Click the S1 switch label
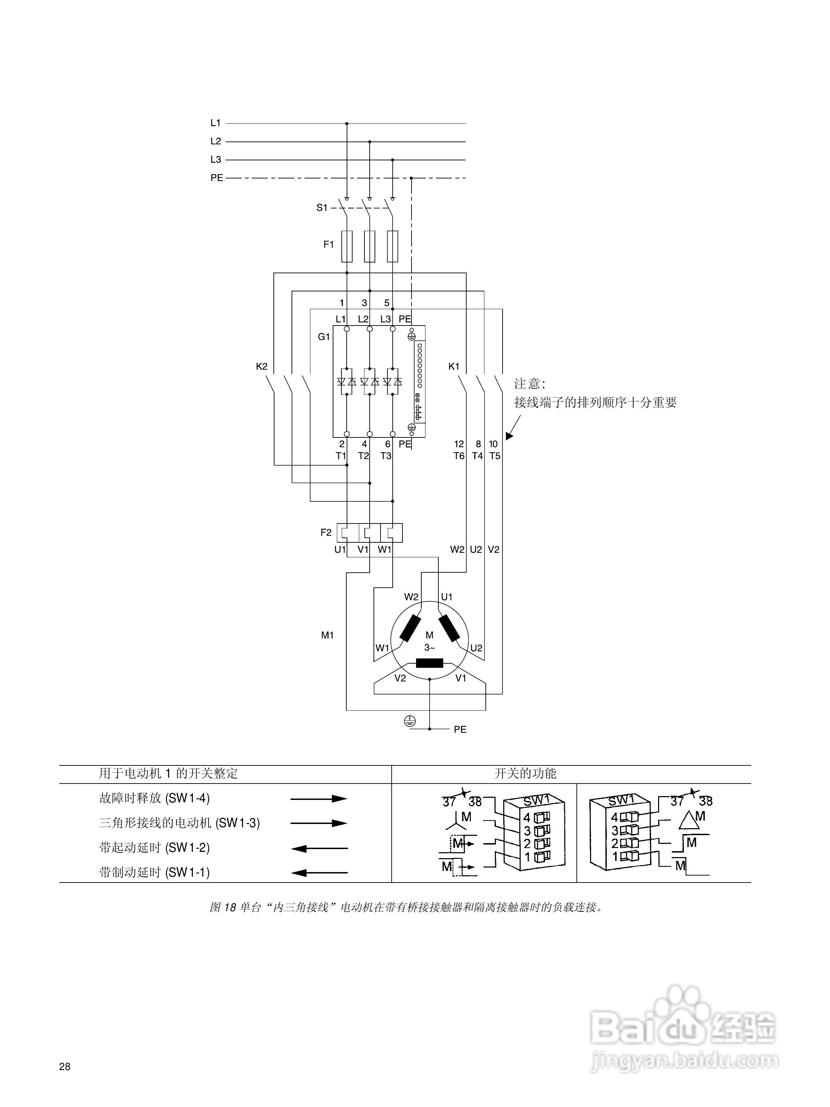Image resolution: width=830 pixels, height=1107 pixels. [322, 208]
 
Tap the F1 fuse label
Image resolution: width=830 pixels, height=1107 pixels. [329, 245]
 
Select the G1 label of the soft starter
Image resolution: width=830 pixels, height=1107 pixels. [324, 337]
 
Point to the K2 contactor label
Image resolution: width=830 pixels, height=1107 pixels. [262, 366]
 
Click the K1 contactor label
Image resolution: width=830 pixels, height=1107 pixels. [454, 366]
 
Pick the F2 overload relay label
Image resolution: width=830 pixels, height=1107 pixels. [326, 533]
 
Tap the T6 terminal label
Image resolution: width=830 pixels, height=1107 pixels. [459, 456]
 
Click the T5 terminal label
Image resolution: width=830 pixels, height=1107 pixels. [495, 456]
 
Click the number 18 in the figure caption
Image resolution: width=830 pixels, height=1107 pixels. [230, 907]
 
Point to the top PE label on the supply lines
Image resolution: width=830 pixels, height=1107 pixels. [216, 178]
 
